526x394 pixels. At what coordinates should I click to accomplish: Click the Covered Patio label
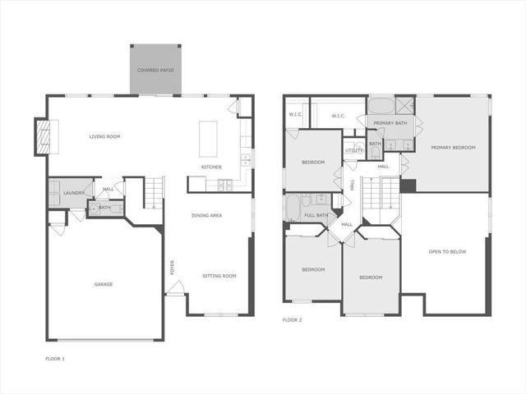coord(155,71)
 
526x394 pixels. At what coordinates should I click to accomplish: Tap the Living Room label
coord(105,136)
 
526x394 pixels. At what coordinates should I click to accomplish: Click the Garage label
coord(104,284)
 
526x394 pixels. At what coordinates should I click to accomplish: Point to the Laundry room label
coord(72,194)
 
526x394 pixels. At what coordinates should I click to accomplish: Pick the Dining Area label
coord(207,215)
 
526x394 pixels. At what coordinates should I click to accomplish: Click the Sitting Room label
coord(219,276)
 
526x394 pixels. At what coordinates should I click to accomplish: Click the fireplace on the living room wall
coord(42,136)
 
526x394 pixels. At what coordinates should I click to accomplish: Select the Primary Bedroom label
coord(453,147)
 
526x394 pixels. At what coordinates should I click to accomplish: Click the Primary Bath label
coord(390,123)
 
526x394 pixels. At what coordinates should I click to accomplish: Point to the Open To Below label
coord(447,251)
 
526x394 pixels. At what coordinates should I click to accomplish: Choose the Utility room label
coord(354,150)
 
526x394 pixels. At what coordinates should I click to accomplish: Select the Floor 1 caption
coord(54,359)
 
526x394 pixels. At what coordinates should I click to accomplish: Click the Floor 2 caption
coord(292,319)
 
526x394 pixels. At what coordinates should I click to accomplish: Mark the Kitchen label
coord(211,167)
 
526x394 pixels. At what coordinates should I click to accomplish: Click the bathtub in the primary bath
coord(381,106)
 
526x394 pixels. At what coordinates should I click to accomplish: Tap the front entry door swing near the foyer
coord(175,288)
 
